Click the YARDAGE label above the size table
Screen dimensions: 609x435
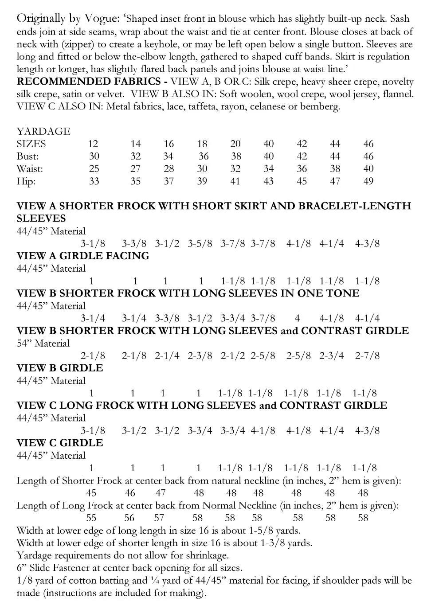[43, 131]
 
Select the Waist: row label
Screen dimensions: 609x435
[30, 169]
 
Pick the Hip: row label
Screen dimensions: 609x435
[26, 181]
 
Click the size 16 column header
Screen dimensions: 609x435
[169, 144]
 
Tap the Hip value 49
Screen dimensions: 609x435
[368, 181]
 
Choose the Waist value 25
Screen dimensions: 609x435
[94, 169]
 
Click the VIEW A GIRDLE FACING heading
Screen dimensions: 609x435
[83, 256]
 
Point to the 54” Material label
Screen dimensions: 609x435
[43, 343]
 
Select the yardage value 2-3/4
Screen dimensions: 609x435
[331, 355]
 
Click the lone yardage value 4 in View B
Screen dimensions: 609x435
[298, 318]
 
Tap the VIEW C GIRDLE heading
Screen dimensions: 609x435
[59, 443]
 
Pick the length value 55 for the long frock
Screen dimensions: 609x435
[91, 518]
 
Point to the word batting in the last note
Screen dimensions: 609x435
[115, 580]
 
